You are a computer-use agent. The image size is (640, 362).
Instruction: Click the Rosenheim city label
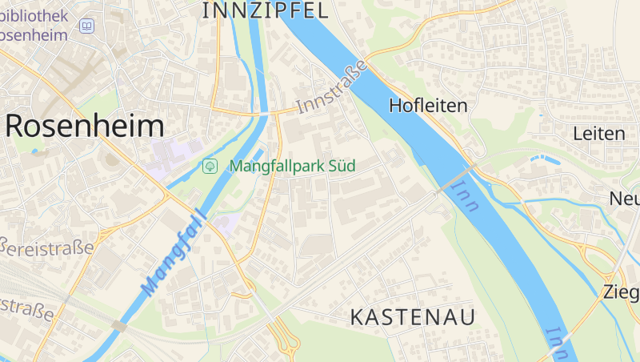pyautogui.click(x=85, y=126)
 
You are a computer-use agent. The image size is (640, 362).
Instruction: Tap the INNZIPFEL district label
pyautogui.click(x=266, y=10)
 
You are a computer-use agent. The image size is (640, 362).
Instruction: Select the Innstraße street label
pyautogui.click(x=331, y=86)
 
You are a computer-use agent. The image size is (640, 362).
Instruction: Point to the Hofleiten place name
pyautogui.click(x=427, y=105)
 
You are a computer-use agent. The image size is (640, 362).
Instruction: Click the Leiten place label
pyautogui.click(x=598, y=134)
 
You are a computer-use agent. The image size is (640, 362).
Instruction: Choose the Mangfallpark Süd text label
pyautogui.click(x=291, y=167)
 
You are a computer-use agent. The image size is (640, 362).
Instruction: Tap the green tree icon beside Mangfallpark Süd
pyautogui.click(x=210, y=167)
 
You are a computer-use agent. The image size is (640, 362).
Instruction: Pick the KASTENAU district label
pyautogui.click(x=412, y=317)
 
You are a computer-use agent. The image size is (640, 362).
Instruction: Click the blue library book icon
pyautogui.click(x=86, y=27)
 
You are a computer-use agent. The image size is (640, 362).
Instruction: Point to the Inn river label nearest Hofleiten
pyautogui.click(x=465, y=196)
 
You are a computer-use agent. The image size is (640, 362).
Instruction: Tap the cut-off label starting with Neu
pyautogui.click(x=625, y=199)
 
